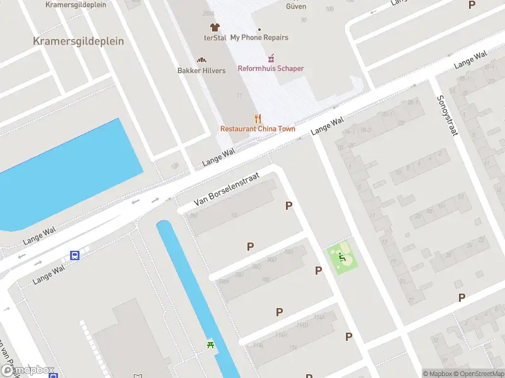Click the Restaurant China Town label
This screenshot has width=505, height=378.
258,129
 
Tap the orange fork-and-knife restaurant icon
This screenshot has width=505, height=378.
258,118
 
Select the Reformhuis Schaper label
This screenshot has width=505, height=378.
270,69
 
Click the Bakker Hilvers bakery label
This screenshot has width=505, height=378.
201,71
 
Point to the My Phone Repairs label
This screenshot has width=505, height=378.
259,38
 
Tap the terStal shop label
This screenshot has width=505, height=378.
215,38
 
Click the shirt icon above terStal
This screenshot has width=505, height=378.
215,27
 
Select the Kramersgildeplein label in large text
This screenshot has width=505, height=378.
78,41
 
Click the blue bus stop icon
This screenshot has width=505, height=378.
74,256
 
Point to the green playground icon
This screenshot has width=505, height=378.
342,257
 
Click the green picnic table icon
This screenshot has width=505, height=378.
210,344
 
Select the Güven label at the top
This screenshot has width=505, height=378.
296,7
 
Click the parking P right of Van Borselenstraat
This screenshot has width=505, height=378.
289,205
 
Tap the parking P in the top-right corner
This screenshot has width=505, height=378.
472,5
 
